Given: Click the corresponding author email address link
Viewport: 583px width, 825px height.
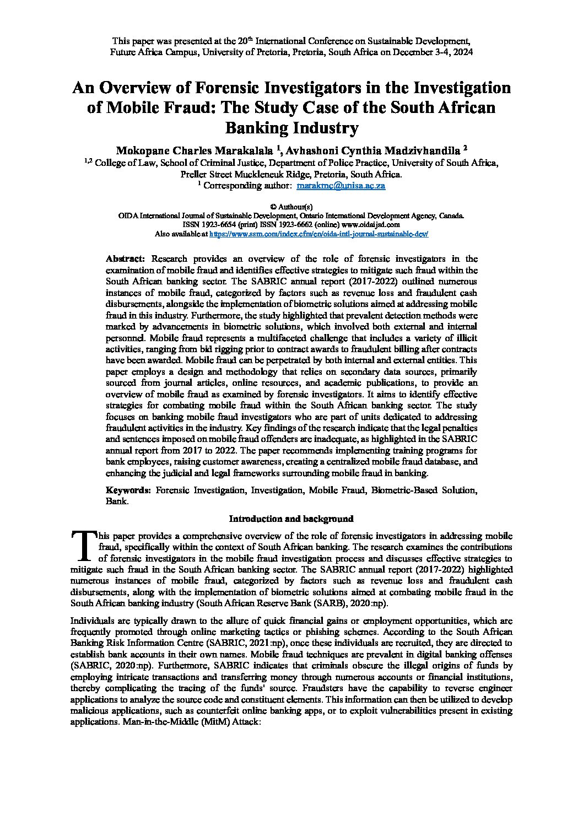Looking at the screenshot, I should click(x=341, y=186).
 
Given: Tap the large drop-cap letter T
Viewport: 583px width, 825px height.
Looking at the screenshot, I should click(x=83, y=545).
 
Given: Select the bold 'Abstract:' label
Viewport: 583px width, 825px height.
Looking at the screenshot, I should click(x=125, y=258).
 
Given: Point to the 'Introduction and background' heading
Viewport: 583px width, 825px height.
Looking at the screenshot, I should click(x=291, y=519).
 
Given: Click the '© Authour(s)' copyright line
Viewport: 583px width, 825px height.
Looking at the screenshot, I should click(x=291, y=207).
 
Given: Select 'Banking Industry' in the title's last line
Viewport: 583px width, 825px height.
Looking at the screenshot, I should click(x=291, y=128).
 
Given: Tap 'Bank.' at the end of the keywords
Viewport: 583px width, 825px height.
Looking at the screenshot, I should click(x=117, y=502).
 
